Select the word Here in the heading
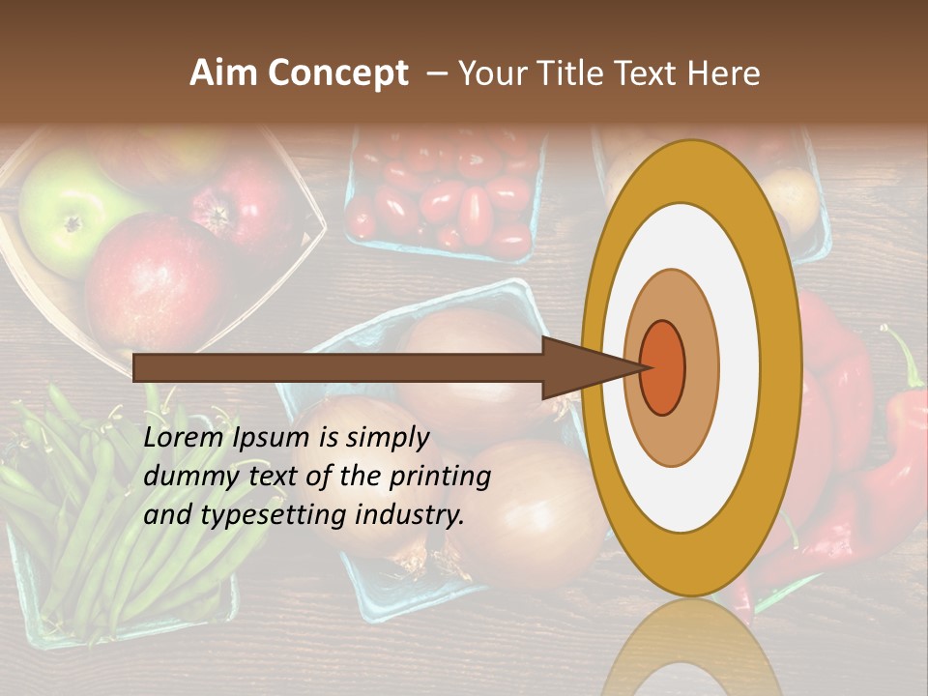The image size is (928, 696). point(724,73)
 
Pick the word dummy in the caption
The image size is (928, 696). point(185,476)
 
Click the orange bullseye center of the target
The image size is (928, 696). point(663,367)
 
